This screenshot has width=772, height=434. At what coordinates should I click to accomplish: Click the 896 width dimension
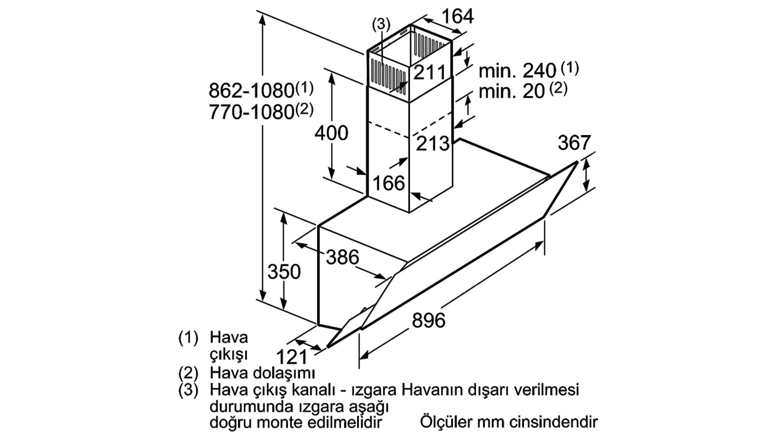[428, 320]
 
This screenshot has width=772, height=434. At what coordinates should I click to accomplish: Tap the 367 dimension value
[574, 142]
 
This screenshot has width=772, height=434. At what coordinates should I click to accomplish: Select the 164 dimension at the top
[458, 16]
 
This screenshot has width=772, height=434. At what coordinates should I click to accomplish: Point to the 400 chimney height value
[331, 133]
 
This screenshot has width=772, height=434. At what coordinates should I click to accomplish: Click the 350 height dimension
[284, 271]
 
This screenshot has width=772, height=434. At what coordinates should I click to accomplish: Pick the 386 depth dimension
[342, 257]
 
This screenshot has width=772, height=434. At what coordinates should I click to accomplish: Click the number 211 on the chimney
[429, 73]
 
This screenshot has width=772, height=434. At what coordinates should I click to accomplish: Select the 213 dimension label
[433, 144]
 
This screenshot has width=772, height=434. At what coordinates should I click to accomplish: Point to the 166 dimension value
[389, 183]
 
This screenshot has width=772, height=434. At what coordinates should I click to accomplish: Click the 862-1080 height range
[251, 91]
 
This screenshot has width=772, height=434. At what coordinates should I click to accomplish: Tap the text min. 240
[517, 71]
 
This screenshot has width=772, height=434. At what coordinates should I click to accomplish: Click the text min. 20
[511, 92]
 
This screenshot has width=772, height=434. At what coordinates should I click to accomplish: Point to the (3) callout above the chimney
[381, 25]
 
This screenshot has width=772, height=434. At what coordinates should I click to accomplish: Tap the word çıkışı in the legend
[229, 354]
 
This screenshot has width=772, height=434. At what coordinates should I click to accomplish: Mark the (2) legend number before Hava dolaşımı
[189, 373]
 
